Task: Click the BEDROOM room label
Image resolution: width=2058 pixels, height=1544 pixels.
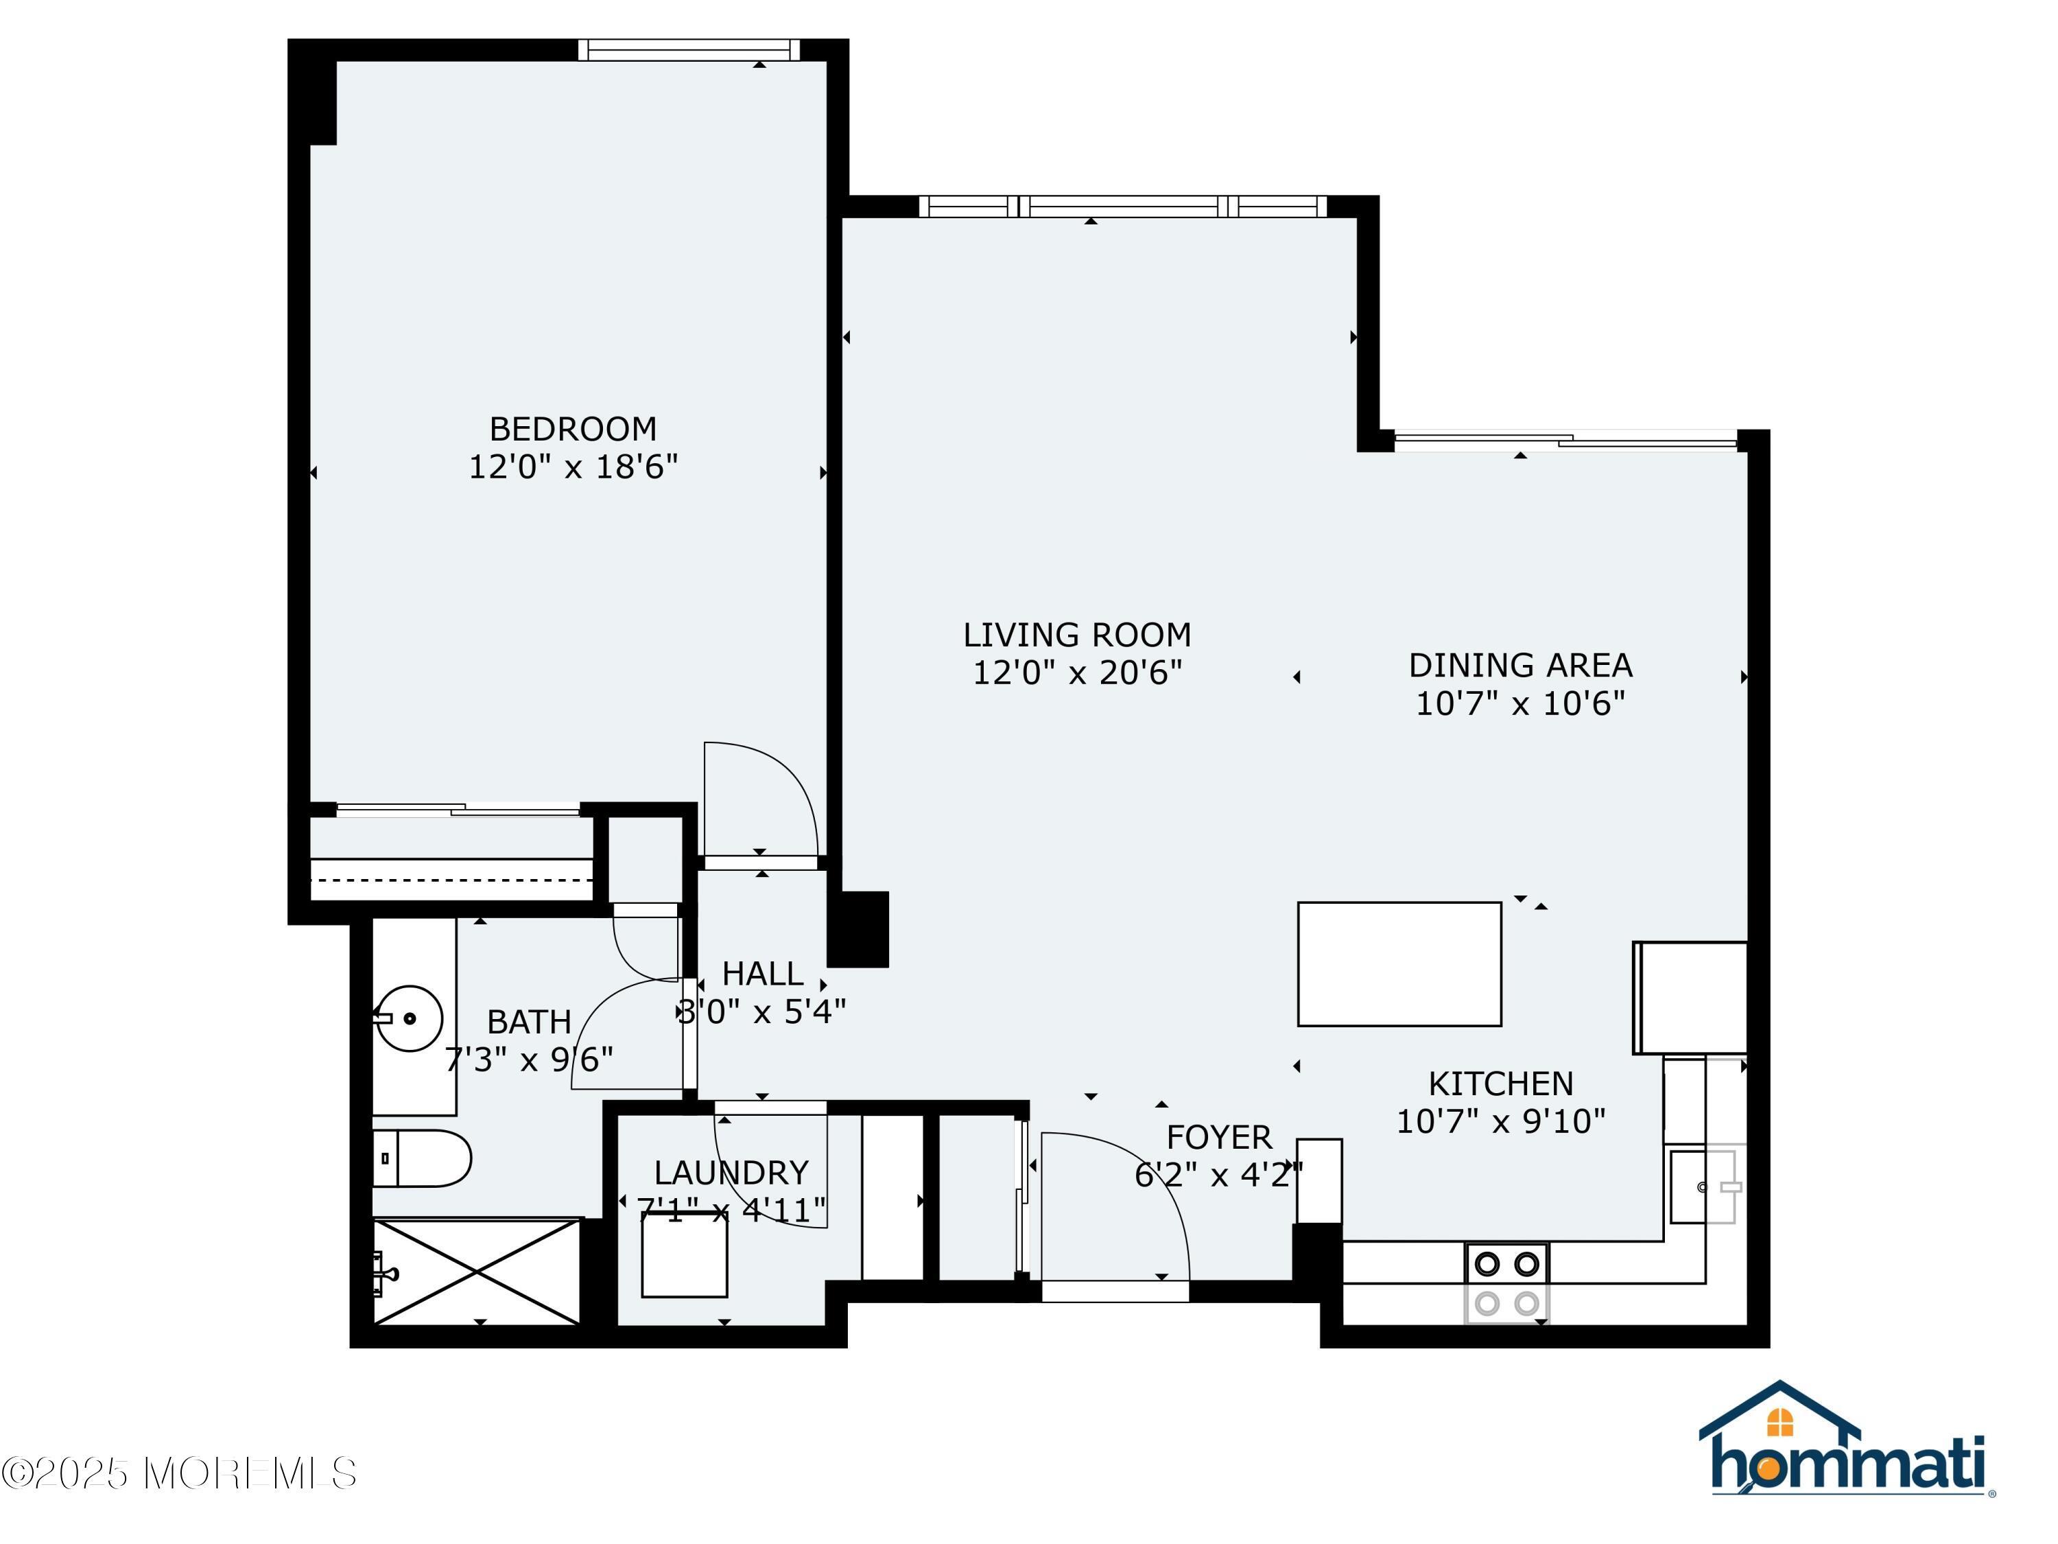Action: pos(572,429)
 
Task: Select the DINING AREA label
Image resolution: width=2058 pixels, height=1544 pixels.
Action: pos(1520,666)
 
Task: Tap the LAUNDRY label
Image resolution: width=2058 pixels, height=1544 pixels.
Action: pos(731,1173)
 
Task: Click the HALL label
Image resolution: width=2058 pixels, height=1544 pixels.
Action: pos(762,974)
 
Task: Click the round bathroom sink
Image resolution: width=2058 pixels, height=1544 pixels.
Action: pos(410,1018)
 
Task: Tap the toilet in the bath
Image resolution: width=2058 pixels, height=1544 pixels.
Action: pos(423,1159)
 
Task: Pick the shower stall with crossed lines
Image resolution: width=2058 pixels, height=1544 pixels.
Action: pos(476,1272)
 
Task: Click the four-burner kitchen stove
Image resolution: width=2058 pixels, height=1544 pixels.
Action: pos(1506,1283)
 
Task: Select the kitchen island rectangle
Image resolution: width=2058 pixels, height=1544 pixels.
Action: pos(1398,964)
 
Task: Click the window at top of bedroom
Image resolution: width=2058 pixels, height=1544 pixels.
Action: pos(689,49)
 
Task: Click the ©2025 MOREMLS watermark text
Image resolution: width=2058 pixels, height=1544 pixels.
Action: pos(178,1473)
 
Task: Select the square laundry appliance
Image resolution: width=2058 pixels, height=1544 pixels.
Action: pos(684,1254)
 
